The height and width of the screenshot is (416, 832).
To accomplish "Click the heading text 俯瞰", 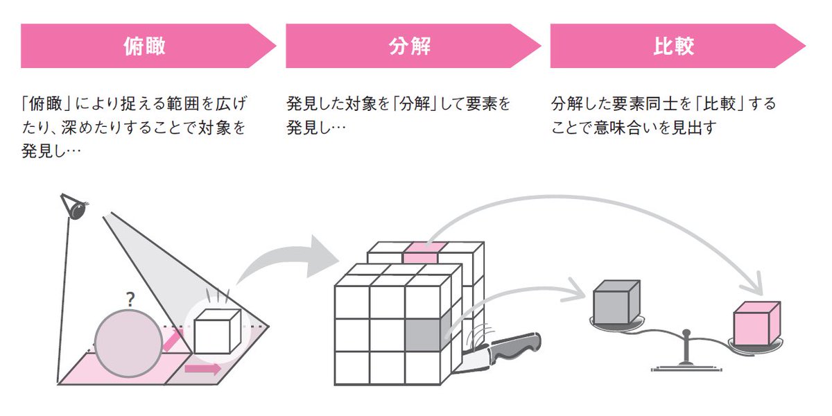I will (145, 46).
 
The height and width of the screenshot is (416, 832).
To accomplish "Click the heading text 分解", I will (410, 46).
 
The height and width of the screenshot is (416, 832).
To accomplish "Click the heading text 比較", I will (674, 46).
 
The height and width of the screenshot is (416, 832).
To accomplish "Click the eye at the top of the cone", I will (75, 207).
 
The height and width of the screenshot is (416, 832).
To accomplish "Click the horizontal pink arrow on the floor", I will (202, 369).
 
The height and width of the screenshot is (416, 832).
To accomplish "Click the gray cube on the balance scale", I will (615, 302).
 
